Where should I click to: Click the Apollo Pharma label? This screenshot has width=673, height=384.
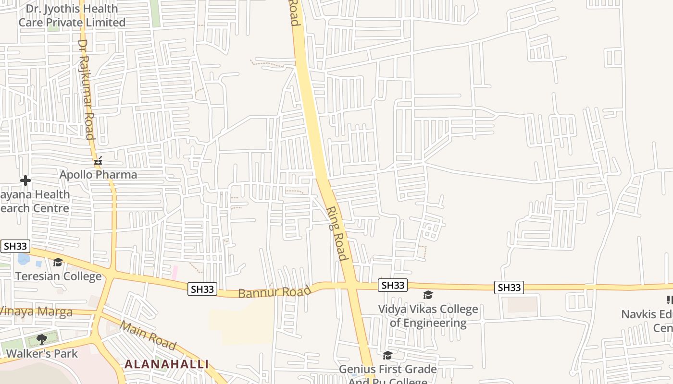(x=98, y=175)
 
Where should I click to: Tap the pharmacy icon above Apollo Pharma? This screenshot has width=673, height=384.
(x=98, y=161)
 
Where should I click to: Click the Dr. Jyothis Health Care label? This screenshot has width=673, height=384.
(x=72, y=15)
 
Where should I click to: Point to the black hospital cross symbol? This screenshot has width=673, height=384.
(x=25, y=180)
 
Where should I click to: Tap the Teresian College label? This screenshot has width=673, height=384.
(x=58, y=276)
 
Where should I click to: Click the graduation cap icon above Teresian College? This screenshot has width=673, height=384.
(x=58, y=262)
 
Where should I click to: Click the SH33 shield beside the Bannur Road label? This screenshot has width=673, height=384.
(x=203, y=289)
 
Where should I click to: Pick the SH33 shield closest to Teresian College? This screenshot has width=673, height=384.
(x=15, y=246)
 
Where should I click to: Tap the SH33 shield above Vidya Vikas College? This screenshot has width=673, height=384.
(x=393, y=285)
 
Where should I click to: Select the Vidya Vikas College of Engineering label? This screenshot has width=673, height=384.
(x=428, y=316)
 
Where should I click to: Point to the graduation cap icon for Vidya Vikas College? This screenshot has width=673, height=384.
(x=428, y=295)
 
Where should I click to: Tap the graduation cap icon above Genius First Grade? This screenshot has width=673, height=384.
(x=387, y=355)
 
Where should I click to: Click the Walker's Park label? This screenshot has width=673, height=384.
(x=42, y=354)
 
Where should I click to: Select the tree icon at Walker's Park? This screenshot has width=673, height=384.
(x=42, y=339)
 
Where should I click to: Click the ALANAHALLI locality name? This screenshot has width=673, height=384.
(x=167, y=364)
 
